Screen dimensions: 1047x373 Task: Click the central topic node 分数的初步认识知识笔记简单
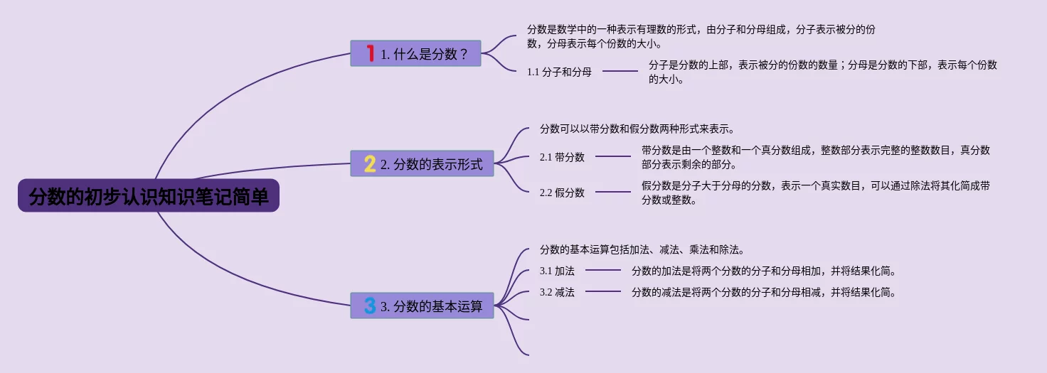[x=149, y=196]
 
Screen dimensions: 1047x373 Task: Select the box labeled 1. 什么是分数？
[x=416, y=53]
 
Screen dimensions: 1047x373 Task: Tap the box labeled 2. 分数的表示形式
[x=422, y=164]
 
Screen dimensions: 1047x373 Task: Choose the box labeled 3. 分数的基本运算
[x=422, y=306]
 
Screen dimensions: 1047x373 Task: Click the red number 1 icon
[x=370, y=53]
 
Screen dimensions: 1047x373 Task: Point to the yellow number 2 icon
[x=370, y=164]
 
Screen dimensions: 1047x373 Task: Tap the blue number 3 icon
[x=370, y=306]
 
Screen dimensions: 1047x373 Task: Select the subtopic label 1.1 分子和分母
[x=559, y=72]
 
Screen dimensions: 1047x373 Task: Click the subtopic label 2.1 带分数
[x=562, y=157]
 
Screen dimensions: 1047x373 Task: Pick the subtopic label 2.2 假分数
[x=562, y=193]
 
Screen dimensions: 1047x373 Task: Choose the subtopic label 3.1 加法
[x=557, y=271]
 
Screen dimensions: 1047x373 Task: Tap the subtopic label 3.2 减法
[x=557, y=292]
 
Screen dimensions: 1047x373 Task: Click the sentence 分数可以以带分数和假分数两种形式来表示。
[x=637, y=129]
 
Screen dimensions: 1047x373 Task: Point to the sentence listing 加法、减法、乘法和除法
[x=642, y=250]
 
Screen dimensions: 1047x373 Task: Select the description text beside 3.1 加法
[x=763, y=271]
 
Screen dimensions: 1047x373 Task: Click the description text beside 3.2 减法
[x=763, y=292]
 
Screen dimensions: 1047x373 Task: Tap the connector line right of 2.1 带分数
[x=613, y=156]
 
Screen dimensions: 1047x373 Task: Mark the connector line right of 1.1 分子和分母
[x=620, y=71]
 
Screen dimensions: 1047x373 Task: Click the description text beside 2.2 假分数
[x=815, y=193]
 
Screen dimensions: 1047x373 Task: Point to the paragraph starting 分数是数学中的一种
[x=701, y=36]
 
